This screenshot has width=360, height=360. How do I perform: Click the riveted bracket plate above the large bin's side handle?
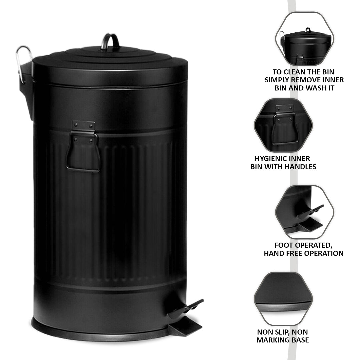pyautogui.click(x=83, y=126)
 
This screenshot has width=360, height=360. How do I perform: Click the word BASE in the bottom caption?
pyautogui.click(x=299, y=340)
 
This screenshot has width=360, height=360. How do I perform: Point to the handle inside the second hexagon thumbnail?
pyautogui.click(x=284, y=128)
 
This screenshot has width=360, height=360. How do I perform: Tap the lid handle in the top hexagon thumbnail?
pyautogui.click(x=308, y=30)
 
